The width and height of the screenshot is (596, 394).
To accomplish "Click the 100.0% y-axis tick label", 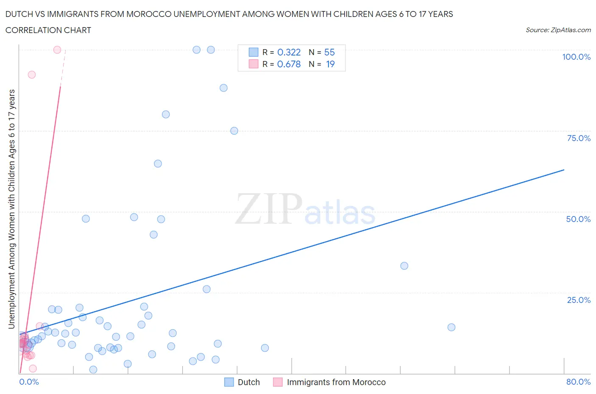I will (576, 57).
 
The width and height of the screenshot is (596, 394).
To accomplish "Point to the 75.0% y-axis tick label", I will (578, 138).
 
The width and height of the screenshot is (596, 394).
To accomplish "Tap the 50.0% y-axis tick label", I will (578, 219).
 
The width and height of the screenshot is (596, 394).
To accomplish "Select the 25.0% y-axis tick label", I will (578, 300).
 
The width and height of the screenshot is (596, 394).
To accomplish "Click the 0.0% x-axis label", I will (29, 382).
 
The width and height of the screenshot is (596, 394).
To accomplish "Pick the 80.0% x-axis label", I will (578, 382).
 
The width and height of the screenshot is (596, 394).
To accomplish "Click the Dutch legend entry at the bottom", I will (248, 382).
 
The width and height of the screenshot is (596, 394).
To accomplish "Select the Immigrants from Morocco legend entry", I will (336, 382).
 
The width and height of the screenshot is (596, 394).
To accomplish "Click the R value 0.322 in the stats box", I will (289, 52).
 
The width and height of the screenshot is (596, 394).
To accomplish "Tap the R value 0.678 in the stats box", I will (289, 64).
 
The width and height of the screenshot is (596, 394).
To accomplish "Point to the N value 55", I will (329, 52).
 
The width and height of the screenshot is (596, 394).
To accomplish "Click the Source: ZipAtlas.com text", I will (558, 30).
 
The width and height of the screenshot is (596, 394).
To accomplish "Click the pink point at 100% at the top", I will (57, 50).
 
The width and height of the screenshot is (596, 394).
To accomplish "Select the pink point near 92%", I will (32, 75).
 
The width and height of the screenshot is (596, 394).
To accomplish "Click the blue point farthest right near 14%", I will (451, 327).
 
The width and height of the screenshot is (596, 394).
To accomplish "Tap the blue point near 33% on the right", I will (404, 266).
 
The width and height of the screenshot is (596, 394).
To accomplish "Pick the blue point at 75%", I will (234, 131).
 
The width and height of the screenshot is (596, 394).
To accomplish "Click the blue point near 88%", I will (223, 88).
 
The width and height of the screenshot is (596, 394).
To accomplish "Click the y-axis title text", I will (11, 209).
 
